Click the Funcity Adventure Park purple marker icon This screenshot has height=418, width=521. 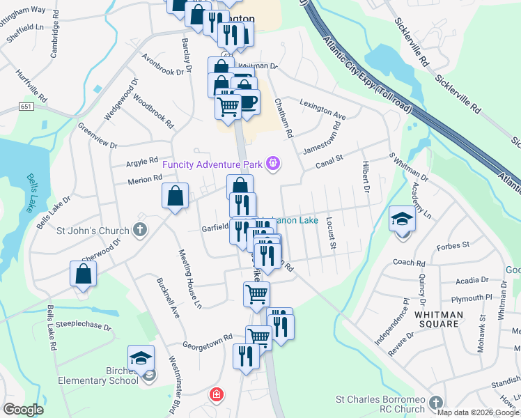273,164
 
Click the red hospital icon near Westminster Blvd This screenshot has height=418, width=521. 217,395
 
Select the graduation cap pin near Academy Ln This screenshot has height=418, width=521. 402,219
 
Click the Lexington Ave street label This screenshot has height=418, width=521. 322,108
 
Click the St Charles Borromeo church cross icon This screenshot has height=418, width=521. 435,403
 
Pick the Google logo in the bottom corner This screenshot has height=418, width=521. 23,410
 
